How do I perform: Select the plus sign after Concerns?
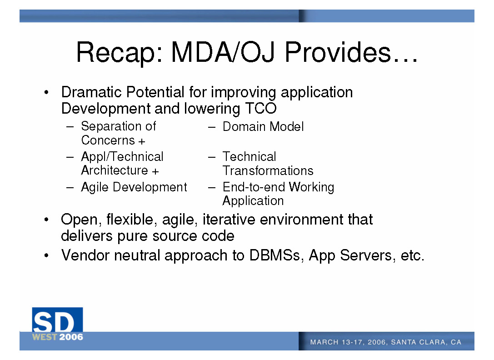click(x=141, y=141)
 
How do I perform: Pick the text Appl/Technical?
click(x=122, y=157)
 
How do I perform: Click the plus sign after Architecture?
click(x=155, y=171)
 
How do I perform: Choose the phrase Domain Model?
click(x=263, y=127)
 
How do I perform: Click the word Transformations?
click(x=268, y=171)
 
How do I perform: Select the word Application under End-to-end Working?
click(x=253, y=201)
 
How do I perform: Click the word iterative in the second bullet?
click(x=229, y=220)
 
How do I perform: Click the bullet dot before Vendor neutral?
click(x=46, y=255)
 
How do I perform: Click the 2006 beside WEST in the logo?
click(x=71, y=337)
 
